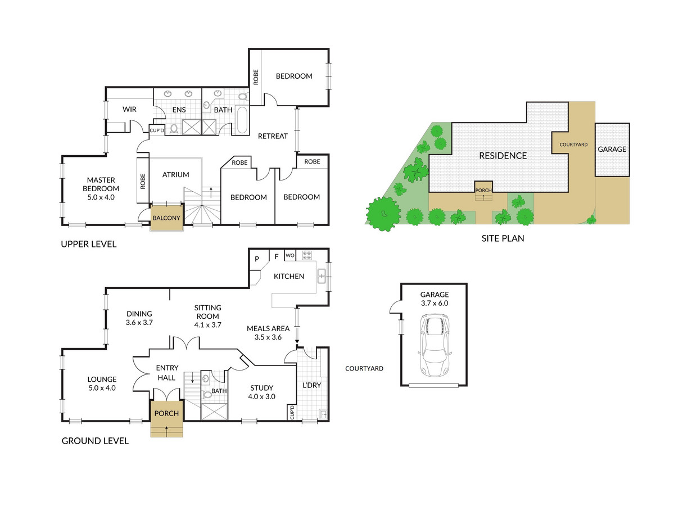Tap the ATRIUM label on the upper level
[x=175, y=174]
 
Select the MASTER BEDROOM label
[x=101, y=188]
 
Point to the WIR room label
[x=129, y=109]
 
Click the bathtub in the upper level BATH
[x=242, y=120]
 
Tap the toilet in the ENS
[x=174, y=129]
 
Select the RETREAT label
[x=273, y=136]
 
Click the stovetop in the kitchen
[x=307, y=255]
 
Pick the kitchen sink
[x=322, y=276]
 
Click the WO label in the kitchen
[x=290, y=255]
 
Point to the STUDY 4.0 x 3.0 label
[x=262, y=392]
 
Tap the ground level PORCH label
[x=166, y=413]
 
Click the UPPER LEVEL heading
[x=89, y=244]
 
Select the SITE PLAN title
[x=503, y=238]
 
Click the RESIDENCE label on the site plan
[x=503, y=156]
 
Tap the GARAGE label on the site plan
[x=612, y=149]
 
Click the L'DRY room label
[x=311, y=385]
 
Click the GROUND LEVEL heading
[x=95, y=441]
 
